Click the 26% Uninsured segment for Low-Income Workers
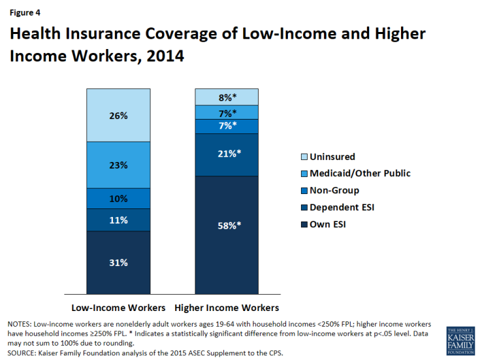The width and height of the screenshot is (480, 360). point(118,116)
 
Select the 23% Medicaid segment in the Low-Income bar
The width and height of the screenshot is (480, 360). point(118,166)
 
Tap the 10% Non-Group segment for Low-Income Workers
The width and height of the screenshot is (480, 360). point(118,199)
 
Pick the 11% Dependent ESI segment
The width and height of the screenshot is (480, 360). point(118,220)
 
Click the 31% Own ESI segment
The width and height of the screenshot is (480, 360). point(118,263)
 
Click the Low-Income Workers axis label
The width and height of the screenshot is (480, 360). point(118,307)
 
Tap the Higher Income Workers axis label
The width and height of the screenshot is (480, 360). point(227,307)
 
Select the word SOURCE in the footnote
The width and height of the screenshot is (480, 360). point(22,353)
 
